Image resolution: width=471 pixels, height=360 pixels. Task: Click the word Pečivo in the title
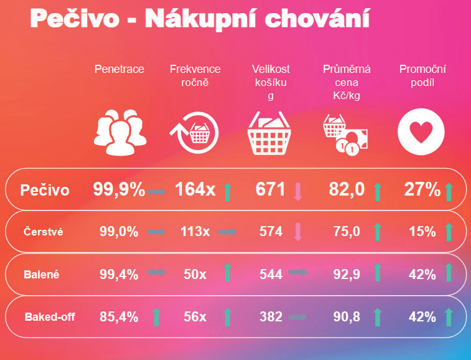(x=74, y=19)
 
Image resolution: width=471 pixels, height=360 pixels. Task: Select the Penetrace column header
(x=119, y=69)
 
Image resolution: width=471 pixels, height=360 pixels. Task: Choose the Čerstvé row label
(x=43, y=232)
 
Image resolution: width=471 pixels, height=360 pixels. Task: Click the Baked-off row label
(x=50, y=317)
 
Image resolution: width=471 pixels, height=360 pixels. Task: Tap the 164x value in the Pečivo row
(x=195, y=189)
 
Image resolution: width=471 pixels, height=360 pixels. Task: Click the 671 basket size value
(x=270, y=189)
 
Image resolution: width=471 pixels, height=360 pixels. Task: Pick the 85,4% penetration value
(x=119, y=317)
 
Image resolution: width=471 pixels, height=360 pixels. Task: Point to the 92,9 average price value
(x=347, y=274)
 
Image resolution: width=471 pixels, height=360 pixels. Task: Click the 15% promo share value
(x=422, y=232)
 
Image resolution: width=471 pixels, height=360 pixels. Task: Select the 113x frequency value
(x=195, y=232)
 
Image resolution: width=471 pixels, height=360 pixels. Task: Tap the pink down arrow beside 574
(x=298, y=232)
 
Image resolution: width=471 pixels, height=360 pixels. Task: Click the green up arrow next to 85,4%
(x=156, y=317)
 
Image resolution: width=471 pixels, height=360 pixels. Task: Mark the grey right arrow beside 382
(x=298, y=317)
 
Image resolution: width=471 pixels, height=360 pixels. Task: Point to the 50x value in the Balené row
(x=195, y=274)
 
